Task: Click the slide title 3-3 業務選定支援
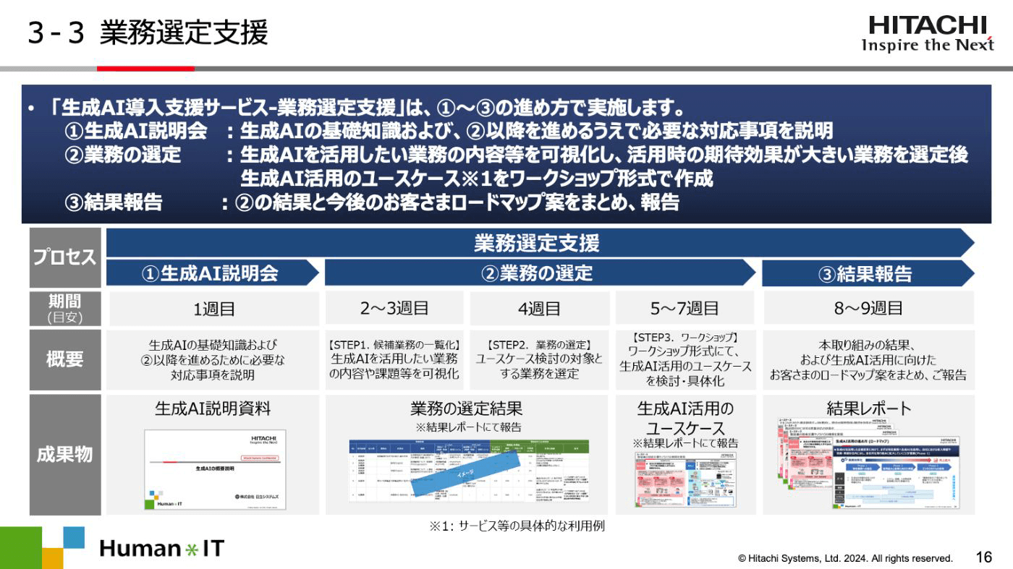[148, 33]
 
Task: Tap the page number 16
[983, 557]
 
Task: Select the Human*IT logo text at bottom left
[161, 549]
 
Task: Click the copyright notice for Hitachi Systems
[844, 558]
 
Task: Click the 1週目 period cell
[213, 309]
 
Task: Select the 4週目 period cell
[539, 309]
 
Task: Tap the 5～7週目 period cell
[684, 309]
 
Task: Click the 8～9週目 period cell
[868, 309]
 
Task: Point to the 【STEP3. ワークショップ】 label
[684, 337]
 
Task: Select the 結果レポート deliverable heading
[868, 408]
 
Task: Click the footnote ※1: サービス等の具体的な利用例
[517, 526]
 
